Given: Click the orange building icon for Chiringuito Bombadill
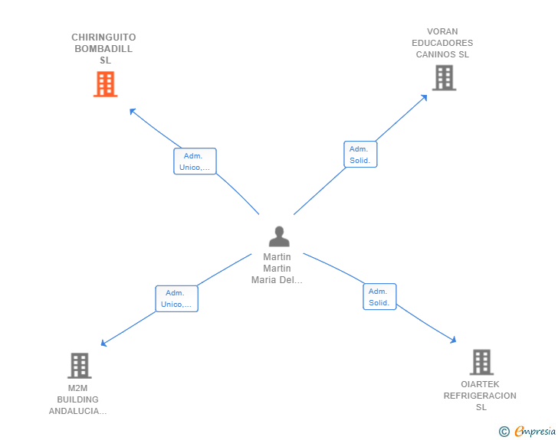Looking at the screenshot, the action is click(105, 84).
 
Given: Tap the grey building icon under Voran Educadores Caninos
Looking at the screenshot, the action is click(444, 77).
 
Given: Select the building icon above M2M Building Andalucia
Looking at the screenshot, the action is click(80, 365).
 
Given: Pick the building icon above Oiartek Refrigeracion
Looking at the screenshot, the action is click(481, 362).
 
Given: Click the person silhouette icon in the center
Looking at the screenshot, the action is click(279, 236).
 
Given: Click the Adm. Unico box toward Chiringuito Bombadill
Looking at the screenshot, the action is click(195, 161).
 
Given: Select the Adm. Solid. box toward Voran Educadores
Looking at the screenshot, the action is click(360, 155).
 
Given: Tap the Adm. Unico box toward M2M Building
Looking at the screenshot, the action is click(176, 298).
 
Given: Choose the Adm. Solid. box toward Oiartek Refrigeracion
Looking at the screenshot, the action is click(379, 296).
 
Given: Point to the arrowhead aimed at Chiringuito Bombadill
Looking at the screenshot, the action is click(132, 111).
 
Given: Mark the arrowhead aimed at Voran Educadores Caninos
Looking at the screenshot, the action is click(424, 97).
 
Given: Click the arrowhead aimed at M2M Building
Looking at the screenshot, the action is click(103, 344).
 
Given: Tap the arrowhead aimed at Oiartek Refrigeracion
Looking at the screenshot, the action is click(454, 341).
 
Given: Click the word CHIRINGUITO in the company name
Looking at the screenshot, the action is click(103, 37).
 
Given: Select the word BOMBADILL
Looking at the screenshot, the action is click(103, 49).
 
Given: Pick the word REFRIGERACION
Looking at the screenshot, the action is click(480, 396).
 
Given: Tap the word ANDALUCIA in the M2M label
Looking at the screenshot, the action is click(77, 411).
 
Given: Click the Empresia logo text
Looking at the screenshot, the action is click(535, 432).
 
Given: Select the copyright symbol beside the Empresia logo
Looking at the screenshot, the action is click(504, 432).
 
